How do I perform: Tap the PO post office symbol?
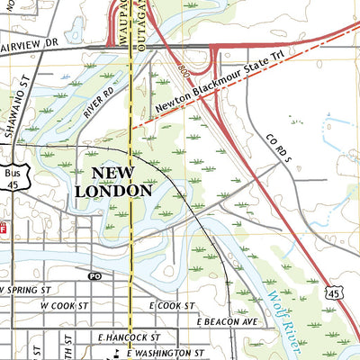tap(95, 276)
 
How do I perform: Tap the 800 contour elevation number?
tap(183, 68)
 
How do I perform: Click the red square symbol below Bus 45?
tap(3, 227)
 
